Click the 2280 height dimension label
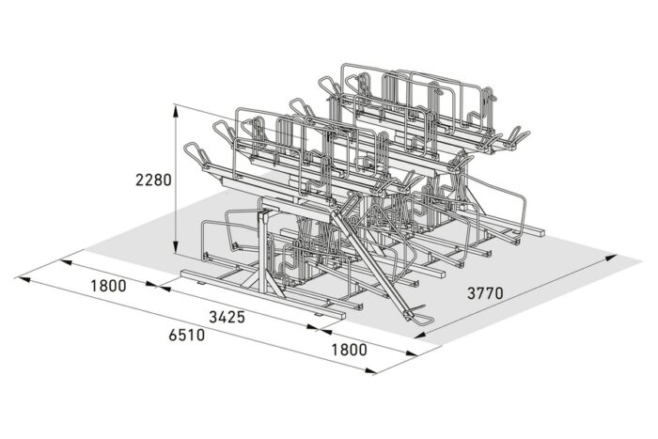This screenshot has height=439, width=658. click(x=153, y=179)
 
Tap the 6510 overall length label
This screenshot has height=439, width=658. click(x=187, y=336)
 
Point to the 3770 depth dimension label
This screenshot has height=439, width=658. click(x=485, y=293)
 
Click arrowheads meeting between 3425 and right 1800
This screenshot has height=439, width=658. click(x=317, y=329)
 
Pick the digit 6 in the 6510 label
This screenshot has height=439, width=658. click(x=173, y=336)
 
